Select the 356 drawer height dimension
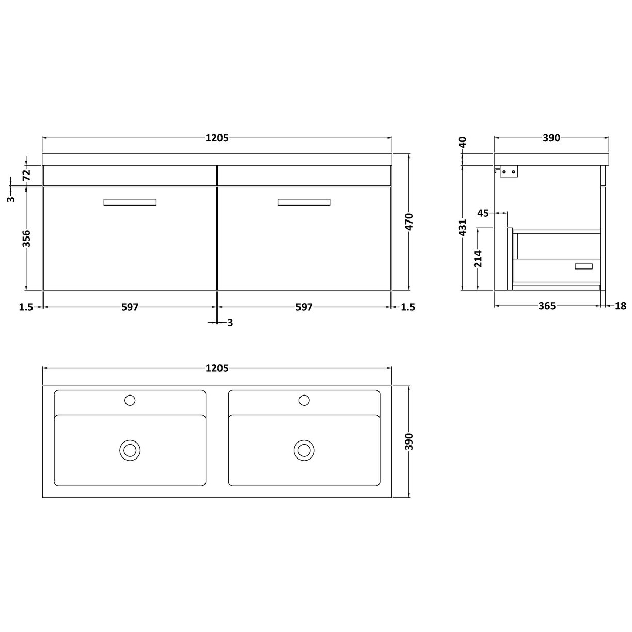27,239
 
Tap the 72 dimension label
27,175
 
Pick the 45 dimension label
483,213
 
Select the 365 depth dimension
547,306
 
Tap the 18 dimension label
621,306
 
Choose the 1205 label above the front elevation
217,138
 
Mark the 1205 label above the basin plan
217,368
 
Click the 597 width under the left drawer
130,307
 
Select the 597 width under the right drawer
304,307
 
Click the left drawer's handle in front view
130,202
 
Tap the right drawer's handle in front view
304,202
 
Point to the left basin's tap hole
130,400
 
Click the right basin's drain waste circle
304,450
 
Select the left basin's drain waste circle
130,450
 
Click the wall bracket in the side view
508,172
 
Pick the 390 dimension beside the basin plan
409,441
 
